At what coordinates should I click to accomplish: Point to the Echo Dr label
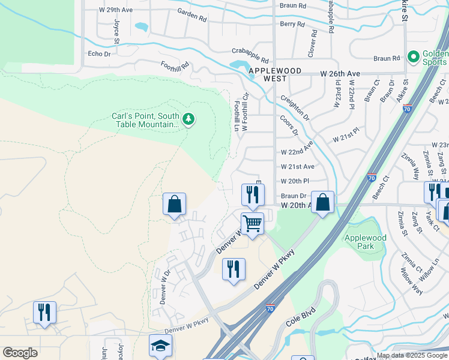tap(100, 53)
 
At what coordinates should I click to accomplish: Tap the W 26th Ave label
tap(340, 73)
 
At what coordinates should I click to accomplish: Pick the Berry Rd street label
tap(292, 24)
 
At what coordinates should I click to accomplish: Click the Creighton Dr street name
tap(294, 106)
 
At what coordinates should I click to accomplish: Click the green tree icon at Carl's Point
tap(189, 119)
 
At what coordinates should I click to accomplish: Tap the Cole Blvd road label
tap(301, 317)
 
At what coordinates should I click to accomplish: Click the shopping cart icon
tap(253, 223)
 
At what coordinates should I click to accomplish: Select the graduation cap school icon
tap(160, 345)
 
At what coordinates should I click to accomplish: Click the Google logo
tap(20, 353)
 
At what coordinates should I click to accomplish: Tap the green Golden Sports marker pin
tap(413, 58)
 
